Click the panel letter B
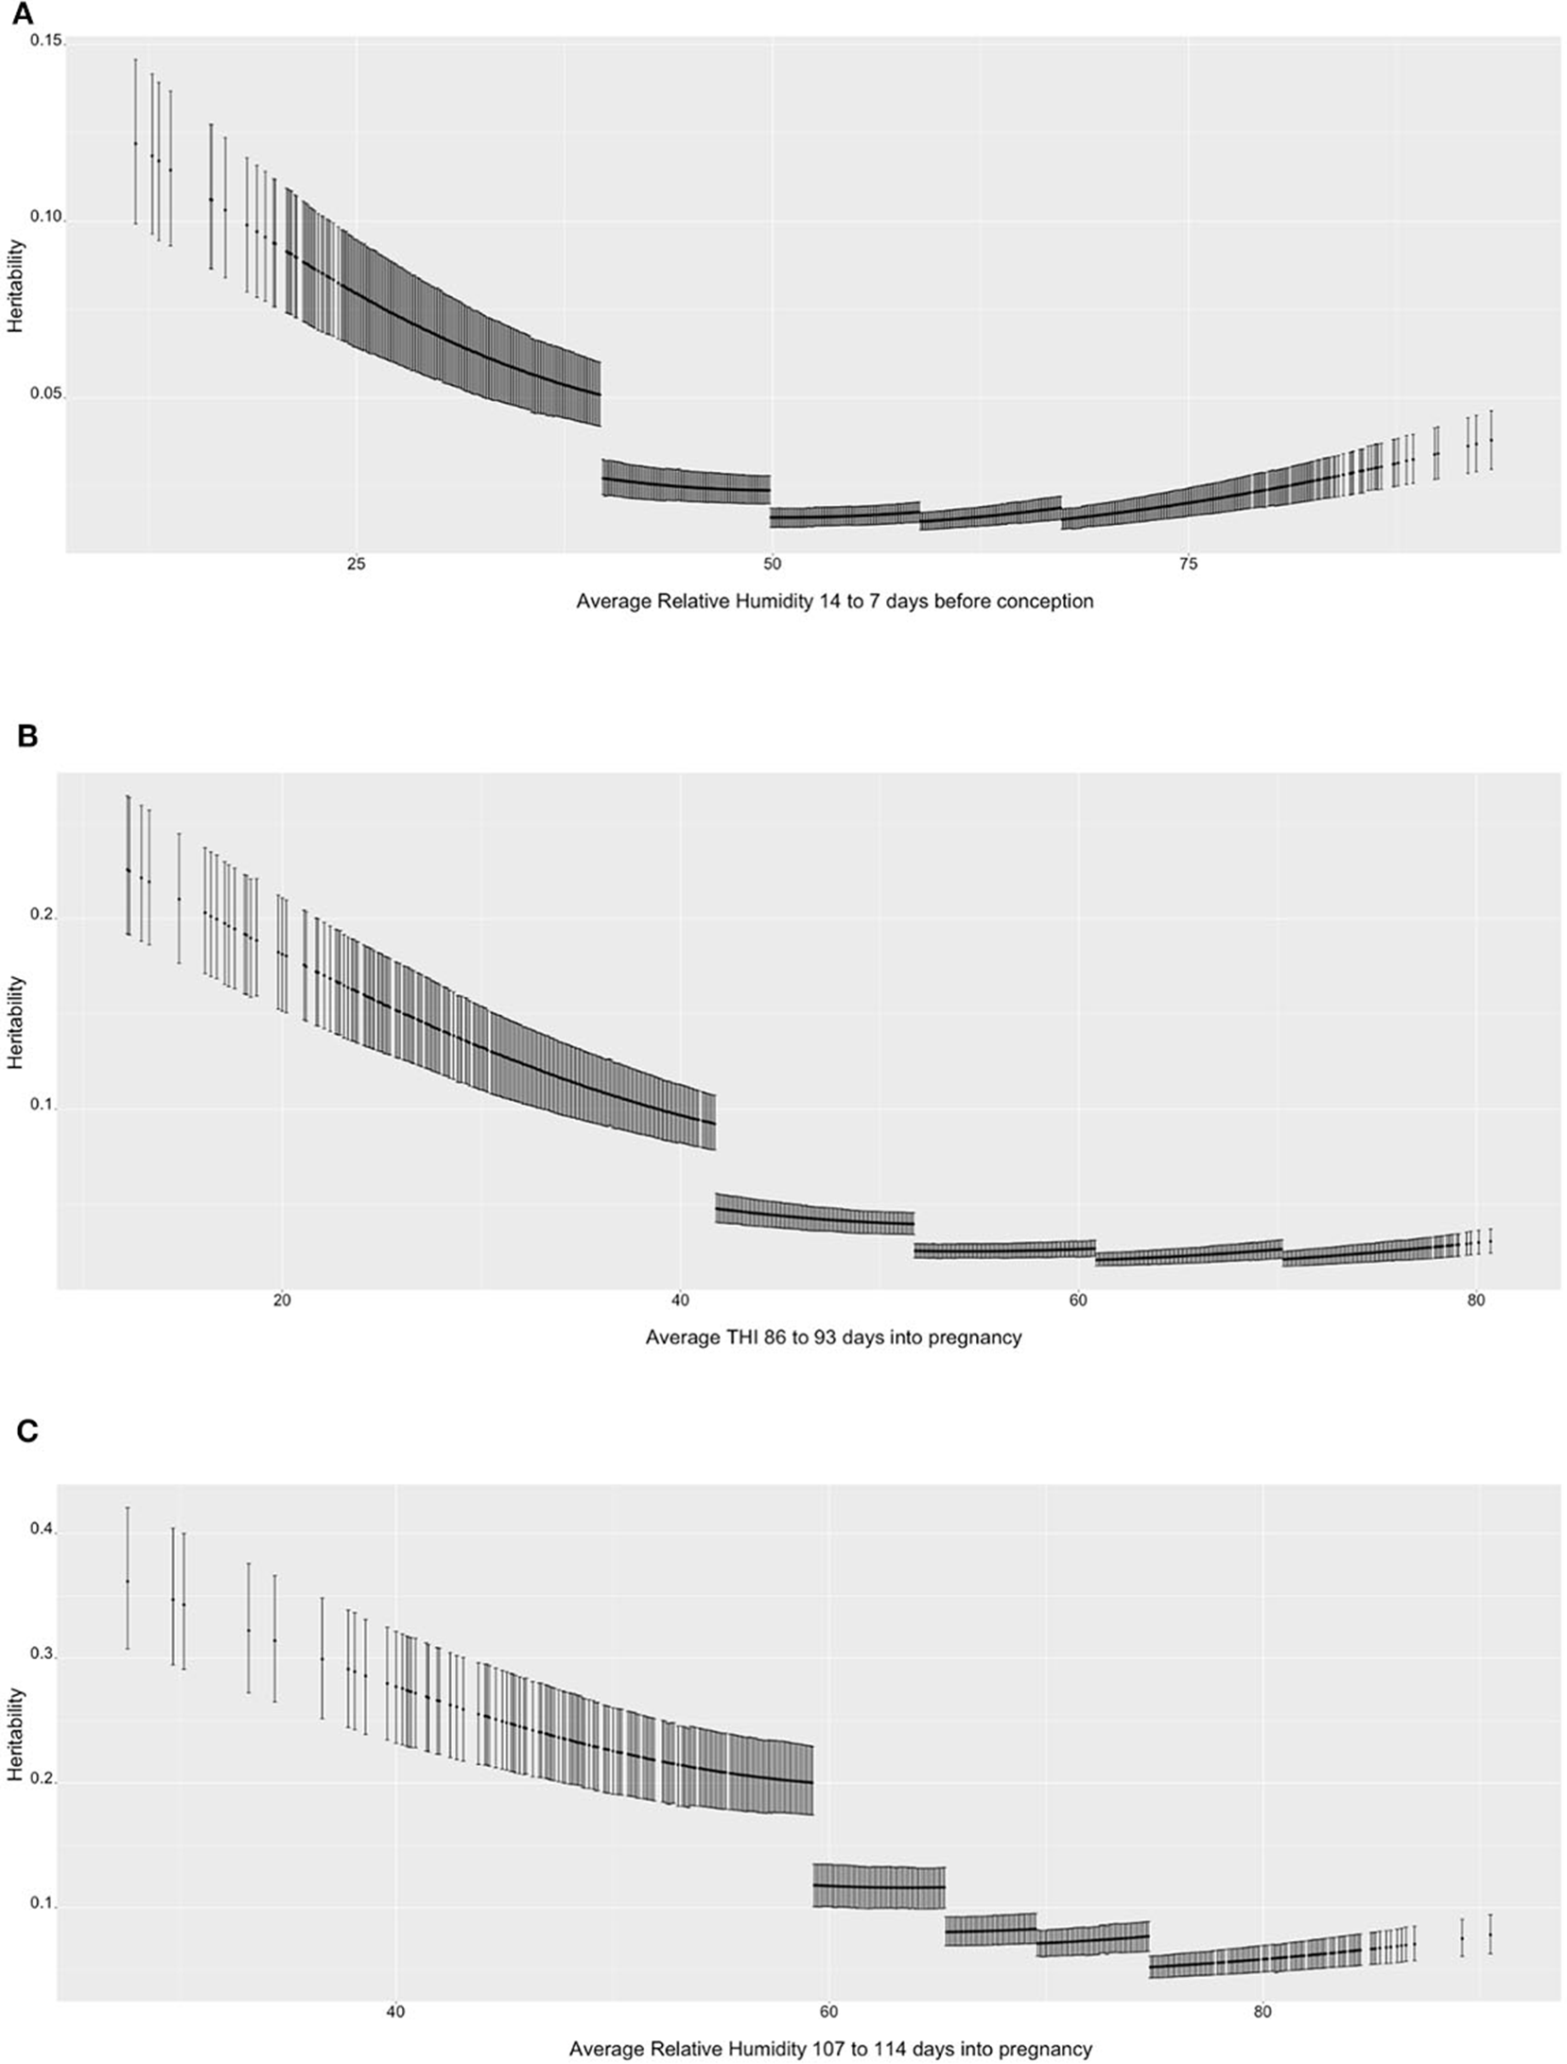26,736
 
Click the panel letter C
26,1431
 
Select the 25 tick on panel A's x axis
356,565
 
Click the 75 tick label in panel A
1189,565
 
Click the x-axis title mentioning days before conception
834,601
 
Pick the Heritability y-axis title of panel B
15,1023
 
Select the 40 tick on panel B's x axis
680,1301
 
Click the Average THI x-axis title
833,1338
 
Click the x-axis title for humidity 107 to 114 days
830,2049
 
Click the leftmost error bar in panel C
128,1581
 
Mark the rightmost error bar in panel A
1491,440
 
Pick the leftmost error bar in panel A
135,143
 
